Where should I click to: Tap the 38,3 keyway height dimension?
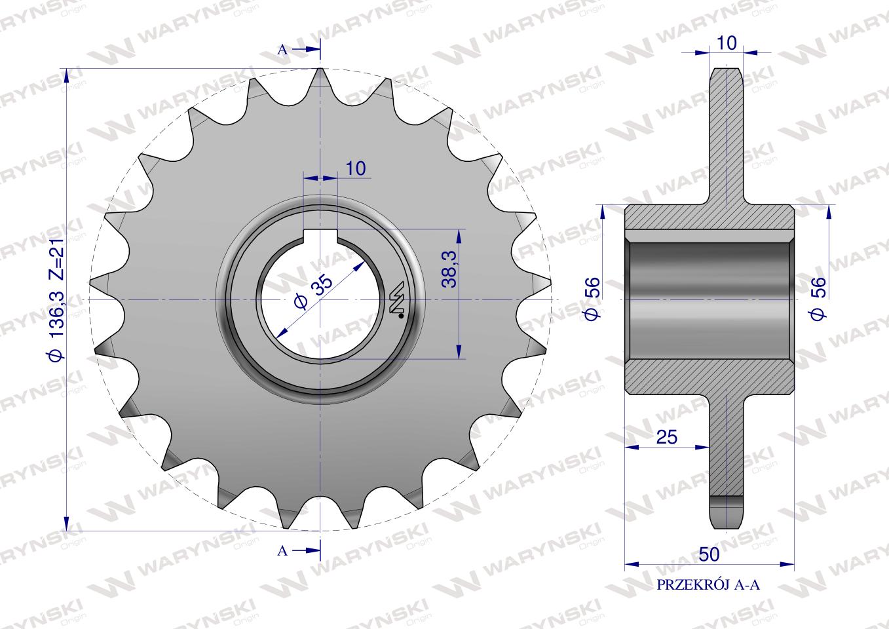pos(449,269)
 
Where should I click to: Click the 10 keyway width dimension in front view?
pos(356,168)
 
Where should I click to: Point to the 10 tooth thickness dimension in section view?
pos(727,43)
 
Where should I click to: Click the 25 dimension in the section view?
pos(667,437)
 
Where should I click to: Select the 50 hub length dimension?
pos(709,554)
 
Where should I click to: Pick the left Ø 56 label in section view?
pos(592,298)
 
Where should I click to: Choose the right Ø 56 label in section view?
pos(818,298)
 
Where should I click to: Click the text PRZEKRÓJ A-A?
pos(708,585)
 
